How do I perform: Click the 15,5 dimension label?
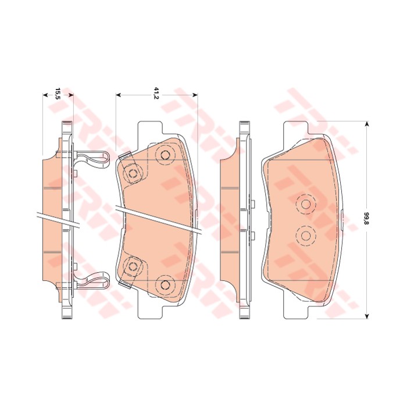tap(58, 93)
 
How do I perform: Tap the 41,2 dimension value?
tap(156, 92)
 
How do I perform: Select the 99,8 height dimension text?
tap(366, 219)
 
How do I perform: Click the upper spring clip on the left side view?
tap(93, 158)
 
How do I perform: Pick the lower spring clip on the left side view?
tap(93, 281)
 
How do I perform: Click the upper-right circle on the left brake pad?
tap(165, 155)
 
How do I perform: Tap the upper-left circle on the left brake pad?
tap(133, 173)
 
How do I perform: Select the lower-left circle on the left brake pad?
tap(133, 266)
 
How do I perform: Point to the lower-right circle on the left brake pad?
tap(165, 284)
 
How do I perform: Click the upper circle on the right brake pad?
tap(305, 204)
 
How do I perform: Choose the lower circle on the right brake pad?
tap(305, 235)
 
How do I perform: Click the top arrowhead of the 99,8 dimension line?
tap(367, 124)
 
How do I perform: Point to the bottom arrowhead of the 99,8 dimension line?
tap(367, 315)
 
